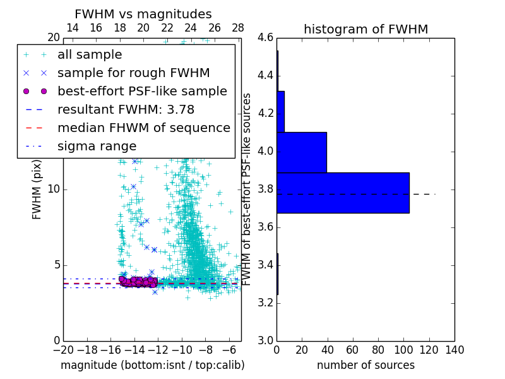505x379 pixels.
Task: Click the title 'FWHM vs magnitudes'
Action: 143,15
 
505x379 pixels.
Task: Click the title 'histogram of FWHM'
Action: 365,29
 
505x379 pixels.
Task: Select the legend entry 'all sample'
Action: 90,55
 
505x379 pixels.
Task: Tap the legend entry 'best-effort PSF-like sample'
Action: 142,91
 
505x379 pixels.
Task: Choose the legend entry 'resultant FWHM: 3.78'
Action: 126,109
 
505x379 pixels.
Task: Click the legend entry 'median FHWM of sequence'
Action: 143,128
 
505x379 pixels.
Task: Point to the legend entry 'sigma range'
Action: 97,146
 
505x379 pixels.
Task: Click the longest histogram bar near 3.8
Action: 343,193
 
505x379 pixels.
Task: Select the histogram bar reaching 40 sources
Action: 302,152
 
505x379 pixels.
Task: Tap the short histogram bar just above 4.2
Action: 280,112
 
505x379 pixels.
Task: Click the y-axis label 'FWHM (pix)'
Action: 37,189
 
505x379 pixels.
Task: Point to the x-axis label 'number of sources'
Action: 365,365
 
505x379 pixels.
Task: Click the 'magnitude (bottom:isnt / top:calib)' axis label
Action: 152,365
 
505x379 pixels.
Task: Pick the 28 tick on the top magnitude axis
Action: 238,28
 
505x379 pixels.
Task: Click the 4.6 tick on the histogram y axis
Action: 265,38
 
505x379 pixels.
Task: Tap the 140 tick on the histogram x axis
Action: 454,349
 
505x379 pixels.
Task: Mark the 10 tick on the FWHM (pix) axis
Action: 53,189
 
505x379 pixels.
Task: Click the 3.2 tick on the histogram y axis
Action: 265,303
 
